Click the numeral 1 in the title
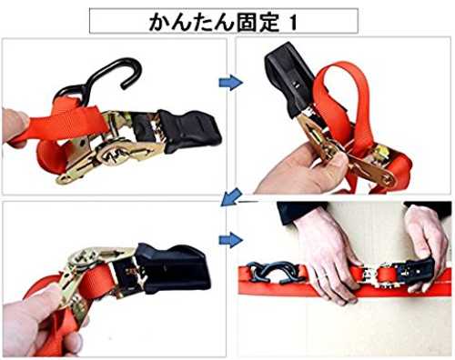coord(293,23)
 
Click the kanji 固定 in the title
coord(258,22)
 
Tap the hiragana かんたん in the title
coord(192,23)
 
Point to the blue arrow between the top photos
coord(231,82)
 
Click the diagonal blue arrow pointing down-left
coord(231,197)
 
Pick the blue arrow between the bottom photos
coord(231,240)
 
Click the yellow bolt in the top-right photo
coord(381,152)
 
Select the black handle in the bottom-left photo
coord(173,270)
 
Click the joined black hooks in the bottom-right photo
coord(275,272)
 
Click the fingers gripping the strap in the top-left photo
coord(15,127)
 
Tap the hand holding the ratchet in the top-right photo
coord(300,170)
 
